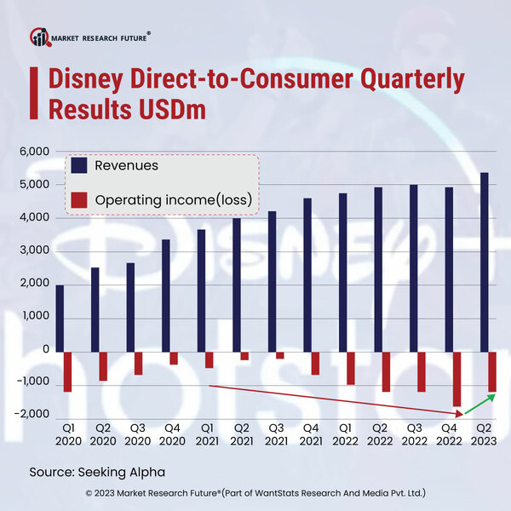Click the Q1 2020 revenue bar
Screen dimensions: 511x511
click(60, 318)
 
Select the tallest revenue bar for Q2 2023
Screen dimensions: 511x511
click(484, 261)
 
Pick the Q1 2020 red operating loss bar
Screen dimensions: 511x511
click(67, 371)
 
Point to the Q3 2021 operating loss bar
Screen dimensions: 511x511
click(279, 354)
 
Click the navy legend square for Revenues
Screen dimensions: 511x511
click(78, 165)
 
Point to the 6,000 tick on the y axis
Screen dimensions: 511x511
click(36, 152)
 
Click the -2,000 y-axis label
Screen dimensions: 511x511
click(32, 415)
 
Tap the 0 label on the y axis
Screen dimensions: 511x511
click(47, 350)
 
